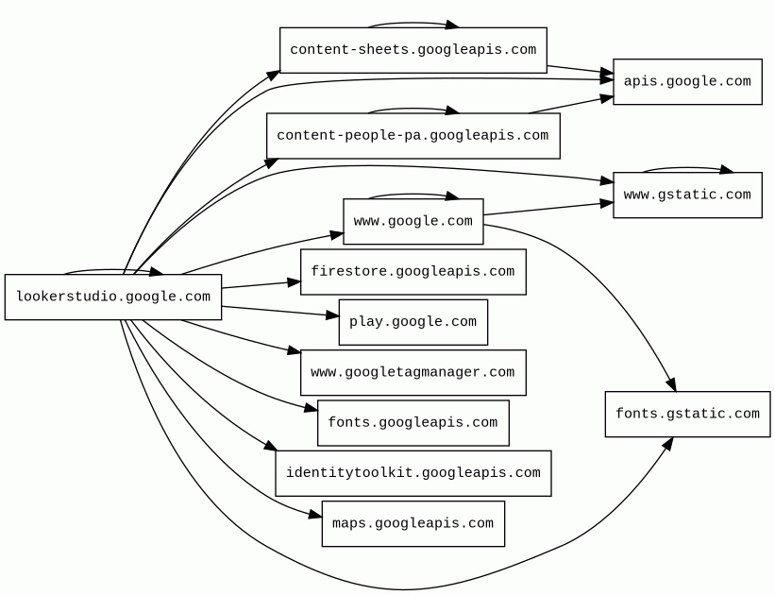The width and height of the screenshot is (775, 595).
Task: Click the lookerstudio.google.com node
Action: (x=113, y=297)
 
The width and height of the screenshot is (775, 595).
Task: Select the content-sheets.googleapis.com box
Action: (x=413, y=50)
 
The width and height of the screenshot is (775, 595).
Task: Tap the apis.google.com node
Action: (x=687, y=82)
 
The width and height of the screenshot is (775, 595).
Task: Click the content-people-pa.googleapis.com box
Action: (x=413, y=136)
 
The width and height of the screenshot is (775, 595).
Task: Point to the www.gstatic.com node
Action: (x=687, y=195)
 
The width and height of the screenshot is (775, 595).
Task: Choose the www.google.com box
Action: (x=413, y=222)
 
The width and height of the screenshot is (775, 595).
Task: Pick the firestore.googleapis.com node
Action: (x=413, y=272)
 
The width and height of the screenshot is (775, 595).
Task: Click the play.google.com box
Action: (x=413, y=322)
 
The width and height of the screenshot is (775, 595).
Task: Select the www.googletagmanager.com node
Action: (x=413, y=373)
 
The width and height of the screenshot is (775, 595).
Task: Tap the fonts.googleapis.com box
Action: (x=413, y=423)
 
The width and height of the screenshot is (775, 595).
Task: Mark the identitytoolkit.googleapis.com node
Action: (x=413, y=473)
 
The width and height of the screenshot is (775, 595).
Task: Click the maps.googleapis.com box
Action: (x=413, y=524)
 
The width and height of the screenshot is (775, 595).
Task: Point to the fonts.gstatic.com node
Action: (x=687, y=415)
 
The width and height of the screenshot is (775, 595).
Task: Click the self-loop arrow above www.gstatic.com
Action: (x=687, y=168)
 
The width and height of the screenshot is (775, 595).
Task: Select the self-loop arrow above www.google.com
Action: (x=413, y=195)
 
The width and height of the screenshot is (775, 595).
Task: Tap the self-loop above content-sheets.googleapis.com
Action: (x=413, y=23)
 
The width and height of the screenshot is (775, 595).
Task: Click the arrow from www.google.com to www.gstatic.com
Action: (x=548, y=209)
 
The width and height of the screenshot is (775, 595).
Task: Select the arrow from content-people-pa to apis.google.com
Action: (x=571, y=105)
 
